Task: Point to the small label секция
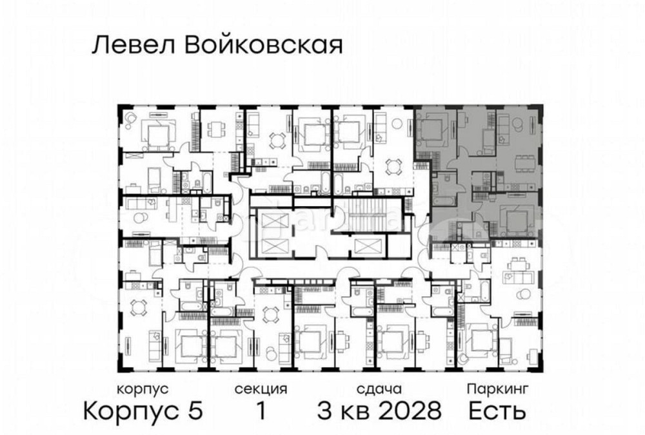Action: click(x=261, y=389)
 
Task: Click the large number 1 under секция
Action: click(x=261, y=411)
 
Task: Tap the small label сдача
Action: click(x=379, y=389)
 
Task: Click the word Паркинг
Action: click(x=498, y=389)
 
